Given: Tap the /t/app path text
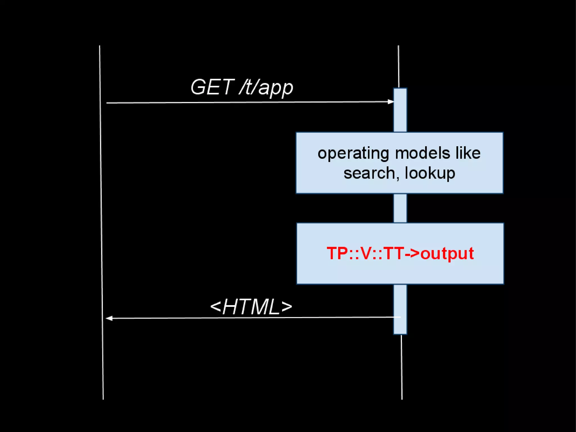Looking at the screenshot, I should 266,88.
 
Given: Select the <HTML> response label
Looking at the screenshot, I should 251,307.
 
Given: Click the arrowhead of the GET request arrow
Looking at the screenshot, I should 391,102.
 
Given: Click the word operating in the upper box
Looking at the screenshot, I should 353,154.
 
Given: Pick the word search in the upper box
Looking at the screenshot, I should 369,173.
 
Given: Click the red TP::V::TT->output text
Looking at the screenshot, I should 400,253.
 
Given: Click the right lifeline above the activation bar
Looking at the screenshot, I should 399,66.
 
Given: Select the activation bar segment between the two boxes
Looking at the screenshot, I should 400,208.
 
